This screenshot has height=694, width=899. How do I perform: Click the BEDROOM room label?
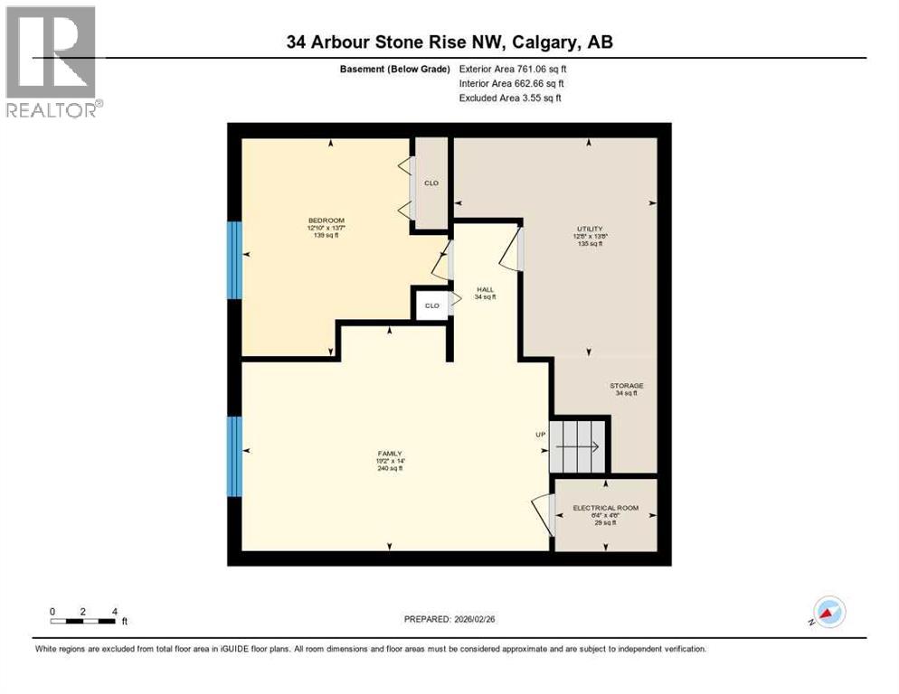point(326,220)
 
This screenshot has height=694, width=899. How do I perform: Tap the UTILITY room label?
point(590,229)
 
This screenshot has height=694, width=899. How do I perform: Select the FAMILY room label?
point(390,454)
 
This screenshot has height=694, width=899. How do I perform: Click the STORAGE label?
point(626,386)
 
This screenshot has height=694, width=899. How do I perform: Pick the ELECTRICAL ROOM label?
point(605,508)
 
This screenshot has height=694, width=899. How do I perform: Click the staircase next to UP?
point(580,445)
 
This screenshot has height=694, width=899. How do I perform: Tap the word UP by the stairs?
point(540,435)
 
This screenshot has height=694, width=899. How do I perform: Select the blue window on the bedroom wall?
point(234,260)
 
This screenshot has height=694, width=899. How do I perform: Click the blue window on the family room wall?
point(234,456)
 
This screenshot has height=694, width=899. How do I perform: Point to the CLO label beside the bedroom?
point(431,183)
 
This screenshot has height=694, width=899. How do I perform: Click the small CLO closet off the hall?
point(431,305)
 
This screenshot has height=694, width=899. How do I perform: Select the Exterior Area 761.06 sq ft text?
point(513,69)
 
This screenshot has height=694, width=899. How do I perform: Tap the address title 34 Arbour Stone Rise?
point(449,42)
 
